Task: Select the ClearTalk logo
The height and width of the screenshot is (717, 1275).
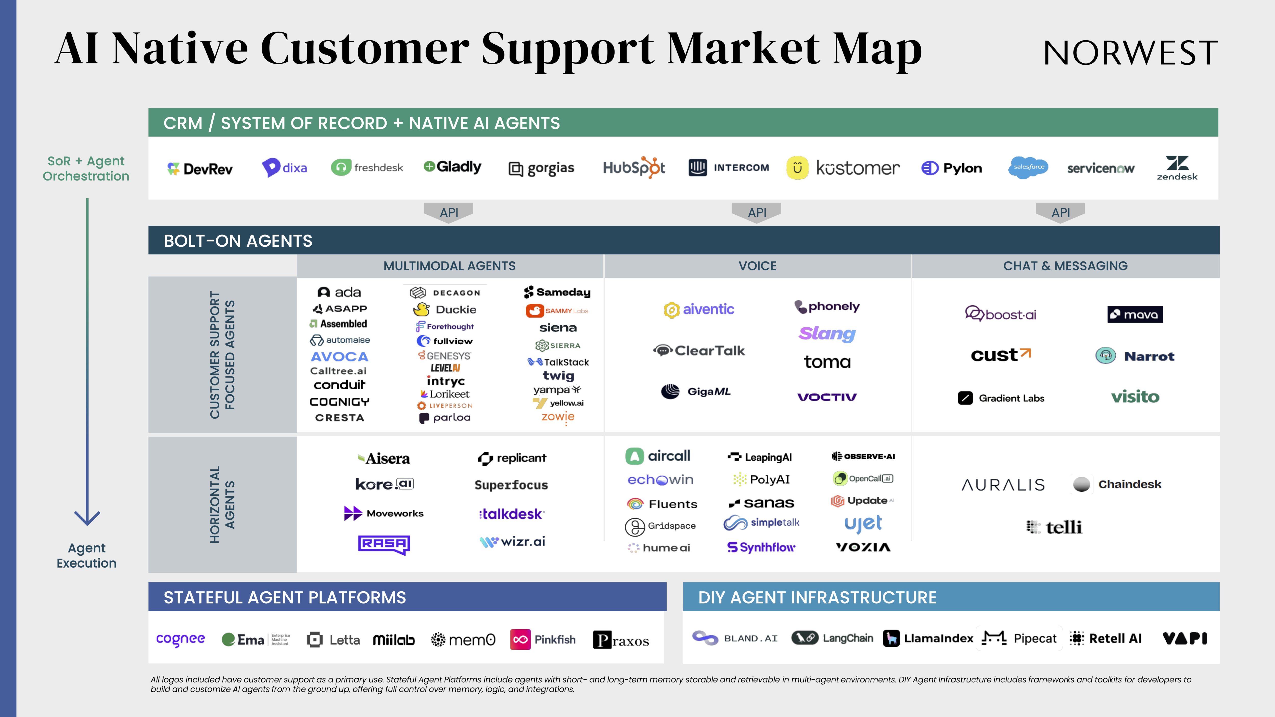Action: (x=699, y=351)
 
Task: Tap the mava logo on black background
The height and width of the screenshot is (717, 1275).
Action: (x=1135, y=314)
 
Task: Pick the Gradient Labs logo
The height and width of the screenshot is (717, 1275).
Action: (x=1001, y=398)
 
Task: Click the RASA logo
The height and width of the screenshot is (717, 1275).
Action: (x=384, y=544)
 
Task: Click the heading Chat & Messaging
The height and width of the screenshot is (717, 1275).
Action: (x=1065, y=266)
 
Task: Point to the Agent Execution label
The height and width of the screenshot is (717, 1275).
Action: (x=87, y=555)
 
